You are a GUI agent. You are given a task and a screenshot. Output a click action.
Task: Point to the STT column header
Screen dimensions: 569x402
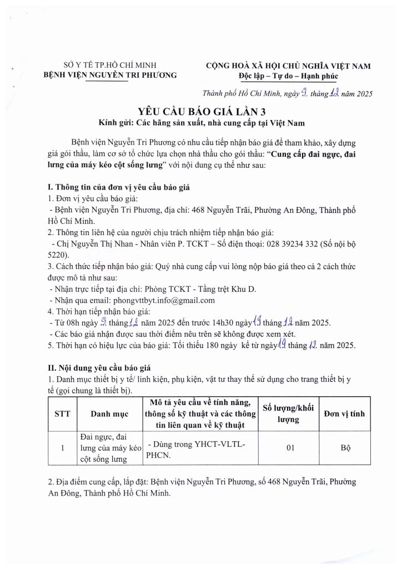pyautogui.click(x=62, y=414)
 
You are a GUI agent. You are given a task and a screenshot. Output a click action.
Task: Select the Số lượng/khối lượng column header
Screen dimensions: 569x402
pyautogui.click(x=289, y=414)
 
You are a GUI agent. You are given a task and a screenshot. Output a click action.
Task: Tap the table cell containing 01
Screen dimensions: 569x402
pyautogui.click(x=289, y=448)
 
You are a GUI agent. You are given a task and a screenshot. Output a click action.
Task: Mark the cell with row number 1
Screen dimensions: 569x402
pyautogui.click(x=62, y=448)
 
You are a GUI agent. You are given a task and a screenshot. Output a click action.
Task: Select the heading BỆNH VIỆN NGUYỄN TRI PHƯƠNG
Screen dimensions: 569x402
pyautogui.click(x=110, y=76)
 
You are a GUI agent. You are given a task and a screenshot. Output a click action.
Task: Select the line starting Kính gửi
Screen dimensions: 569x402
pyautogui.click(x=200, y=122)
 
